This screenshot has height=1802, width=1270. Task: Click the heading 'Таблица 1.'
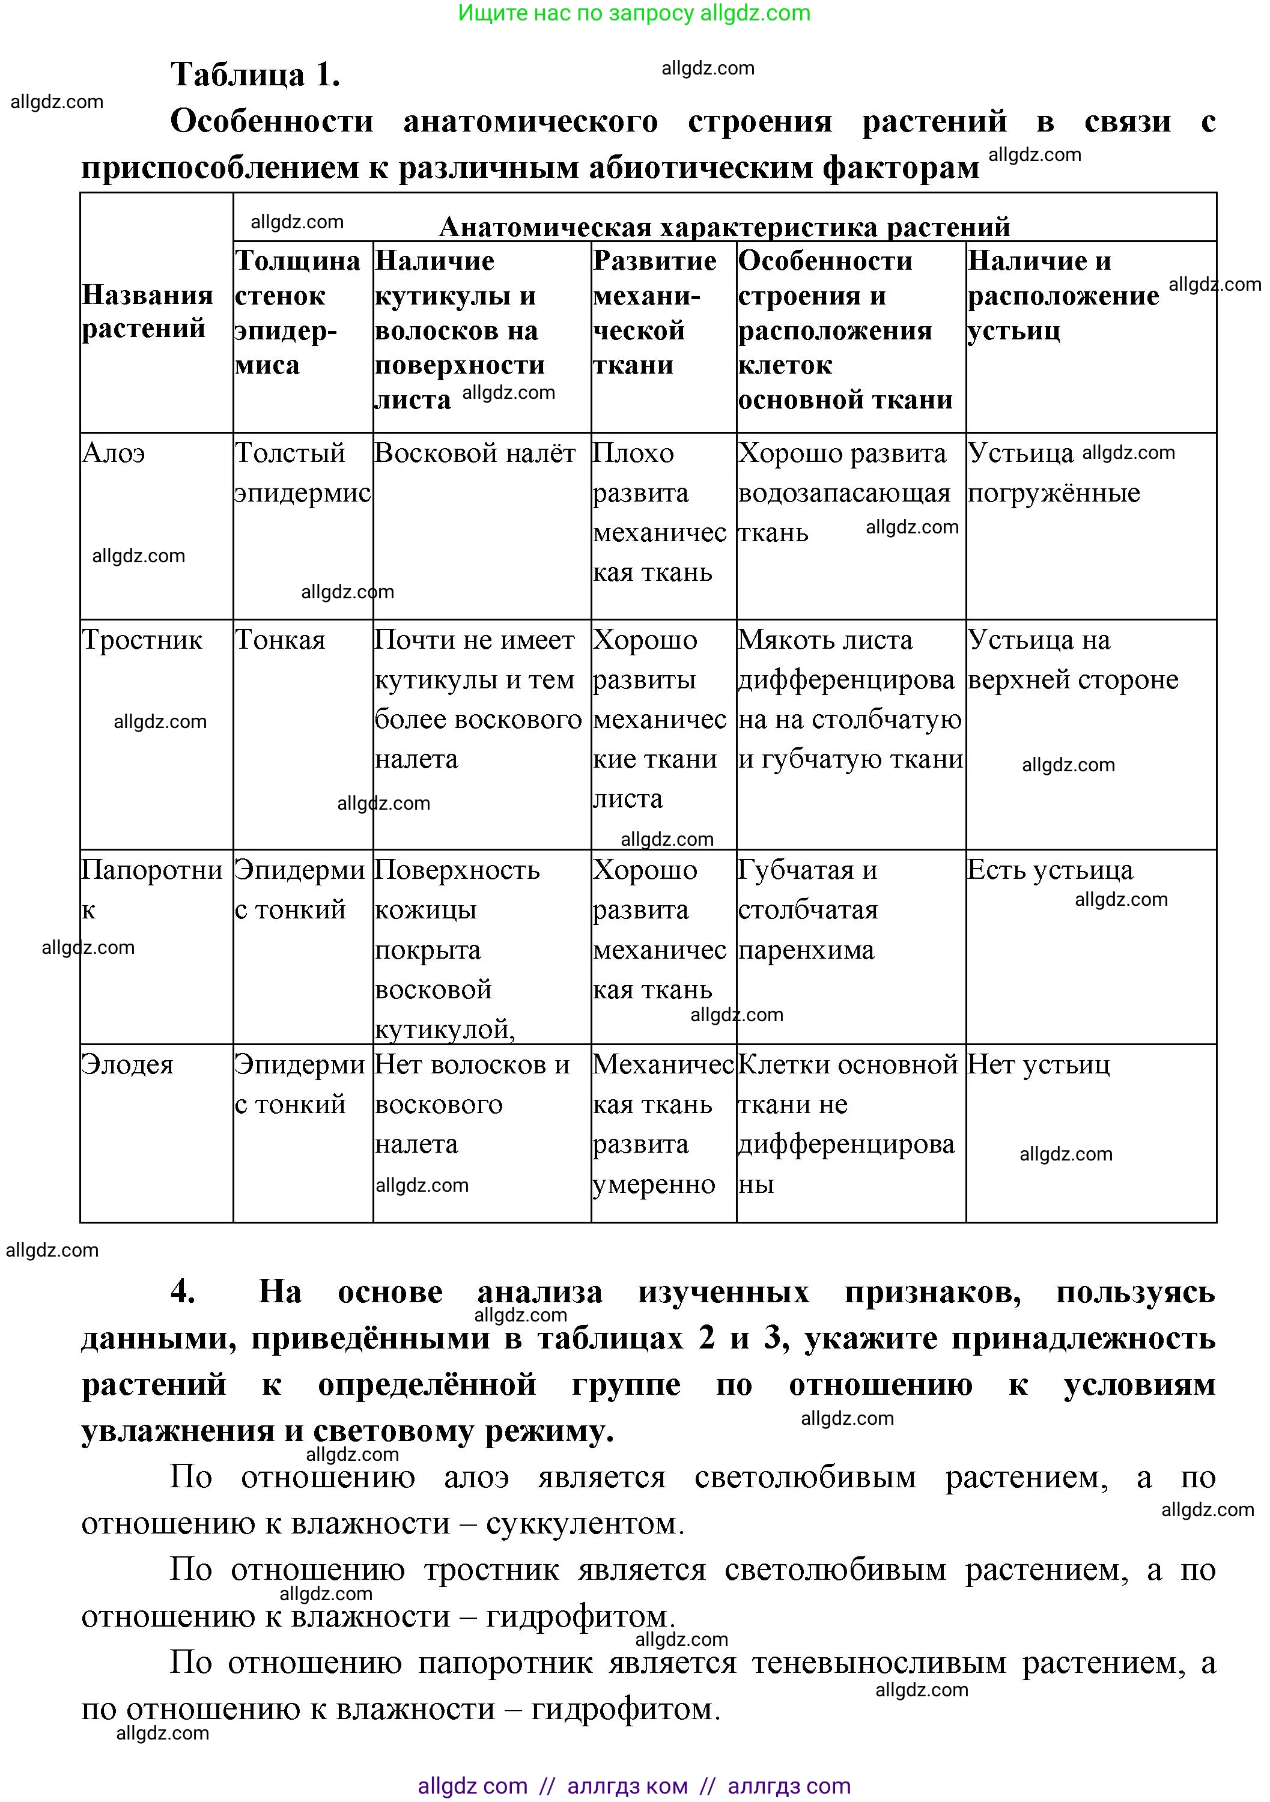(255, 74)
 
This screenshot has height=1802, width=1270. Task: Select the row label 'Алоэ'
(114, 454)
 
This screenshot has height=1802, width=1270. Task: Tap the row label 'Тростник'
(142, 640)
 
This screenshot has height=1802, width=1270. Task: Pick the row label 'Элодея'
(127, 1065)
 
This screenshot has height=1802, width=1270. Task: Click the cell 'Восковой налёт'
(475, 454)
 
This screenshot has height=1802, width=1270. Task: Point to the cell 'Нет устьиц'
(1038, 1065)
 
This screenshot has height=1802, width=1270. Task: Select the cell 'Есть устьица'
(1050, 870)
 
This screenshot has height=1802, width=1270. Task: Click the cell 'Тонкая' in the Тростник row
(280, 640)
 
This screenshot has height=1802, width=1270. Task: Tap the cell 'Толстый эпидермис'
(302, 473)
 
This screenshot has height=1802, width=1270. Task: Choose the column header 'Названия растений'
(147, 312)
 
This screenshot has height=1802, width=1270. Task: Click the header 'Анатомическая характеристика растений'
(724, 227)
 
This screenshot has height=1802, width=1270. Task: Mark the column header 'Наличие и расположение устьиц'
(1063, 296)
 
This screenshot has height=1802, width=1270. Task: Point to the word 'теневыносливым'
(878, 1662)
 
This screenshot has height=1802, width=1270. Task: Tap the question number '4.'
(183, 1292)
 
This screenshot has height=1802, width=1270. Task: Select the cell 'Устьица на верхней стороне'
(1072, 660)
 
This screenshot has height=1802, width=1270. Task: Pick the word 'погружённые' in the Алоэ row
(1053, 494)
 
